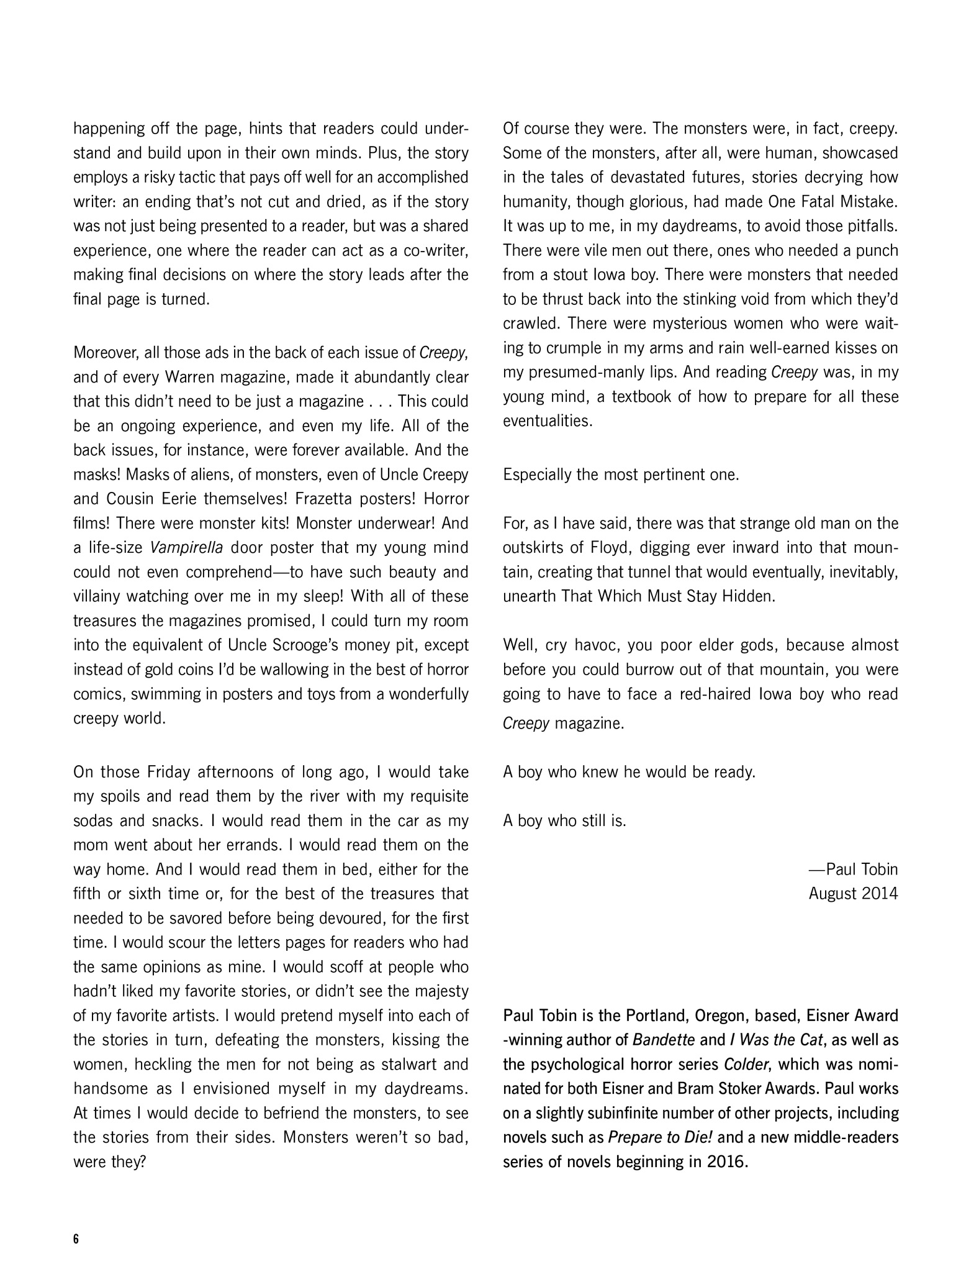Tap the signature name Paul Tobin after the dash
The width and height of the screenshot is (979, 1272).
(862, 870)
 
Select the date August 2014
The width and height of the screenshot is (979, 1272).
(853, 894)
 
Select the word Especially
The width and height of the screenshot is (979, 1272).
(535, 475)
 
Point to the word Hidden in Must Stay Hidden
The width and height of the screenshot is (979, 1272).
(751, 596)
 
